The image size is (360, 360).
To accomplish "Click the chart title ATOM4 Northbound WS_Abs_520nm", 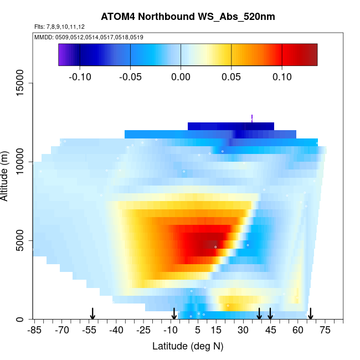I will pos(179,17).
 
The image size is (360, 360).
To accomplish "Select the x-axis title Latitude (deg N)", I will pos(188,346).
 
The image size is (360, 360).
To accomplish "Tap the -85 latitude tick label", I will pos(35,330).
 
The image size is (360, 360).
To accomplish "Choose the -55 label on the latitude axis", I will pos(90,330).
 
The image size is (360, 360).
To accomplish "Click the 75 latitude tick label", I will pos(325,330).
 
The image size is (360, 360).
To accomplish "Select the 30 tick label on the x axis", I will pos(243,330).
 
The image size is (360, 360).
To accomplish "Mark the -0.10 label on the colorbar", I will pos(80,76).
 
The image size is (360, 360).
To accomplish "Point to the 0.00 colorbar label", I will pos(181,76).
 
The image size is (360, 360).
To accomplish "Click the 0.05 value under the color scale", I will pos(232,76).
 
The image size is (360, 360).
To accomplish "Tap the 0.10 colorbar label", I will pos(282,76).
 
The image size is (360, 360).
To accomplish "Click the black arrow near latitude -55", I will pos(92,313).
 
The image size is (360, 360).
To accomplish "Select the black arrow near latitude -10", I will pos(174,313).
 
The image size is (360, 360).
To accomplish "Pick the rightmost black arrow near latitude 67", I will pos(311,313).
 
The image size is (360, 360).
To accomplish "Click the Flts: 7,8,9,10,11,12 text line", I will pos(59,27).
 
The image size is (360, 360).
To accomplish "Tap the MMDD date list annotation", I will pos(89,37).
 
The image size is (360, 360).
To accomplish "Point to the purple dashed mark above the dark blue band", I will pos(252,118).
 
